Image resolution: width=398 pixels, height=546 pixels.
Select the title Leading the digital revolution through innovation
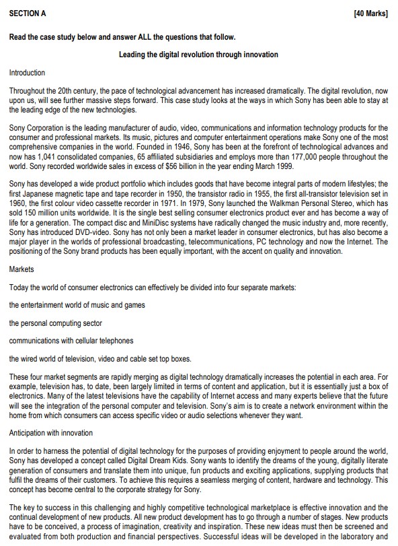point(198,55)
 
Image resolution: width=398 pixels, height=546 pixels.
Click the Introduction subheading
point(27,72)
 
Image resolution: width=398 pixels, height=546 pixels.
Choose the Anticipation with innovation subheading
point(51,432)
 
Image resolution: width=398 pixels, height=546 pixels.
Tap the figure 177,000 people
point(296,157)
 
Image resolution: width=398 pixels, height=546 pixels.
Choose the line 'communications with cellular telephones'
point(71,341)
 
